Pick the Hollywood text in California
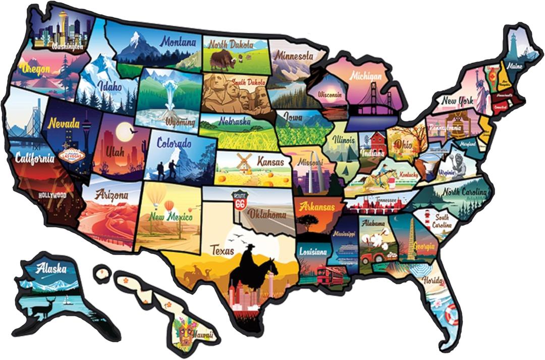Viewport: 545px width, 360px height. click(52, 195)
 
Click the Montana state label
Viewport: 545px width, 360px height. click(178, 42)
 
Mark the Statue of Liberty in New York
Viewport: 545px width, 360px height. click(481, 91)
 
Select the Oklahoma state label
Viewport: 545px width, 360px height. click(267, 214)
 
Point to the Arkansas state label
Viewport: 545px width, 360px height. click(317, 207)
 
